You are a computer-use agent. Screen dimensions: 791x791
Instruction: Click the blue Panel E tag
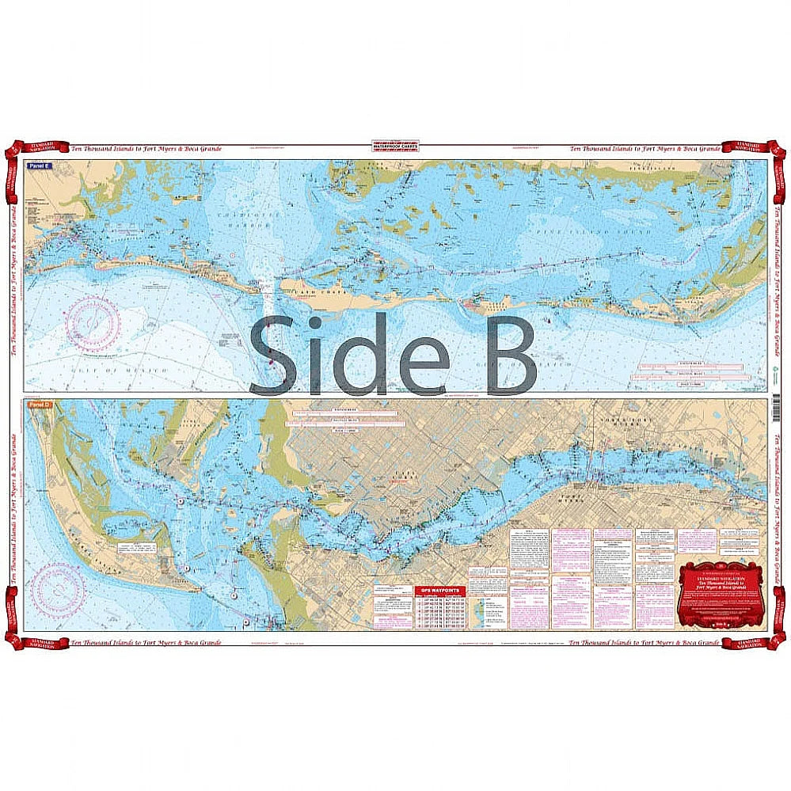(37, 166)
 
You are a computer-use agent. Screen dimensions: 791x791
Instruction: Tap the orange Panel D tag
(37, 405)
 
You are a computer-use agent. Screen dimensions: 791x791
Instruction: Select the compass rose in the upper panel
(92, 323)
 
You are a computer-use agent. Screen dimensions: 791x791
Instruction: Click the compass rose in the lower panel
(58, 589)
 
